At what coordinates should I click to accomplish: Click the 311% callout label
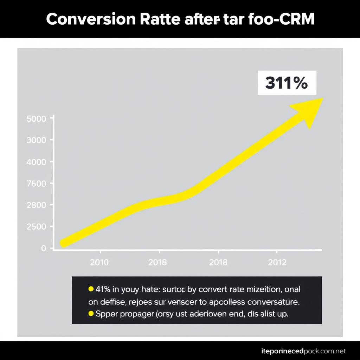click(286, 83)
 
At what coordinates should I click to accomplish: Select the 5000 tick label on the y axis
click(36, 119)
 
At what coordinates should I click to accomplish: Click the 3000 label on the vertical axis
click(36, 140)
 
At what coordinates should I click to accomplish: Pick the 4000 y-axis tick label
click(36, 162)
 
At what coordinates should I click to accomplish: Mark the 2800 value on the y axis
click(36, 205)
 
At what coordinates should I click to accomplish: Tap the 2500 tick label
click(36, 227)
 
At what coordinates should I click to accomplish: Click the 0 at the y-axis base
click(43, 248)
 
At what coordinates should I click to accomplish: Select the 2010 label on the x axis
click(99, 263)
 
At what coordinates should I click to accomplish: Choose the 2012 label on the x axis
click(277, 263)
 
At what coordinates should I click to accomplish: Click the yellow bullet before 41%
click(90, 289)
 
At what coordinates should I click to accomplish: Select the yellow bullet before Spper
click(90, 313)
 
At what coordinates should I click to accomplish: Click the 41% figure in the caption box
click(103, 289)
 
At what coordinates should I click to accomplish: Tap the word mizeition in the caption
click(259, 289)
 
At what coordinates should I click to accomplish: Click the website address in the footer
click(301, 351)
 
